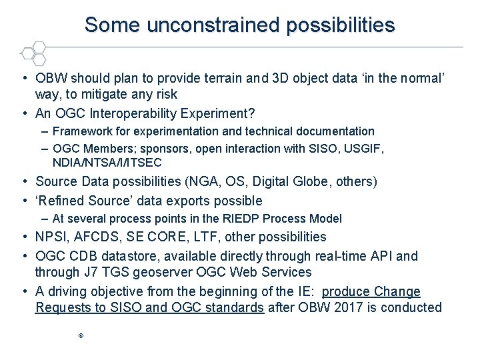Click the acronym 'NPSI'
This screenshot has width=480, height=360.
[x=52, y=237]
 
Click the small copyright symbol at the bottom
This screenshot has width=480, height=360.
[x=80, y=337]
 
